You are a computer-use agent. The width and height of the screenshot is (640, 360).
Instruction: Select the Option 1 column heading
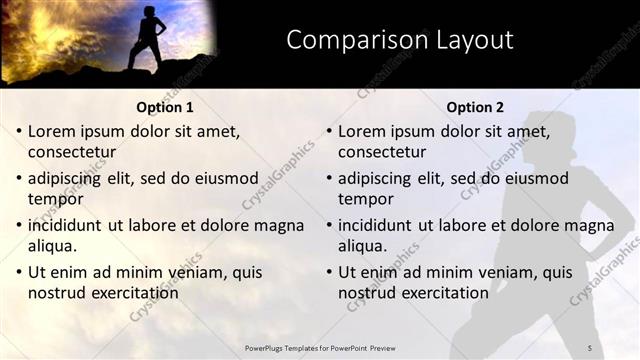pyautogui.click(x=165, y=107)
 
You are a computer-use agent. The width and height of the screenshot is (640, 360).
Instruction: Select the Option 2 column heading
pyautogui.click(x=475, y=107)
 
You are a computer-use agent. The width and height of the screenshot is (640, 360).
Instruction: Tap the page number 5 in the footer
pyautogui.click(x=589, y=347)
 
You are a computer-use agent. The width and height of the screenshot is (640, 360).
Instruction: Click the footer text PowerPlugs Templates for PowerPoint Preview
pyautogui.click(x=319, y=347)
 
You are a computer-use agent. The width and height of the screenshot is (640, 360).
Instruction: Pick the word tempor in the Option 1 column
pyautogui.click(x=52, y=199)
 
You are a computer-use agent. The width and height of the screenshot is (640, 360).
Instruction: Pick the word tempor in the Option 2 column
pyautogui.click(x=362, y=199)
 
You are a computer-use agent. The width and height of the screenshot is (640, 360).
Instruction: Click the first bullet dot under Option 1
pyautogui.click(x=19, y=131)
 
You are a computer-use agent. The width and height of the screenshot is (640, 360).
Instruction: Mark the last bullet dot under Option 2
pyautogui.click(x=329, y=272)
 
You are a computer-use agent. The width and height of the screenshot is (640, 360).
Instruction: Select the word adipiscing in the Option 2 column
pyautogui.click(x=375, y=178)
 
